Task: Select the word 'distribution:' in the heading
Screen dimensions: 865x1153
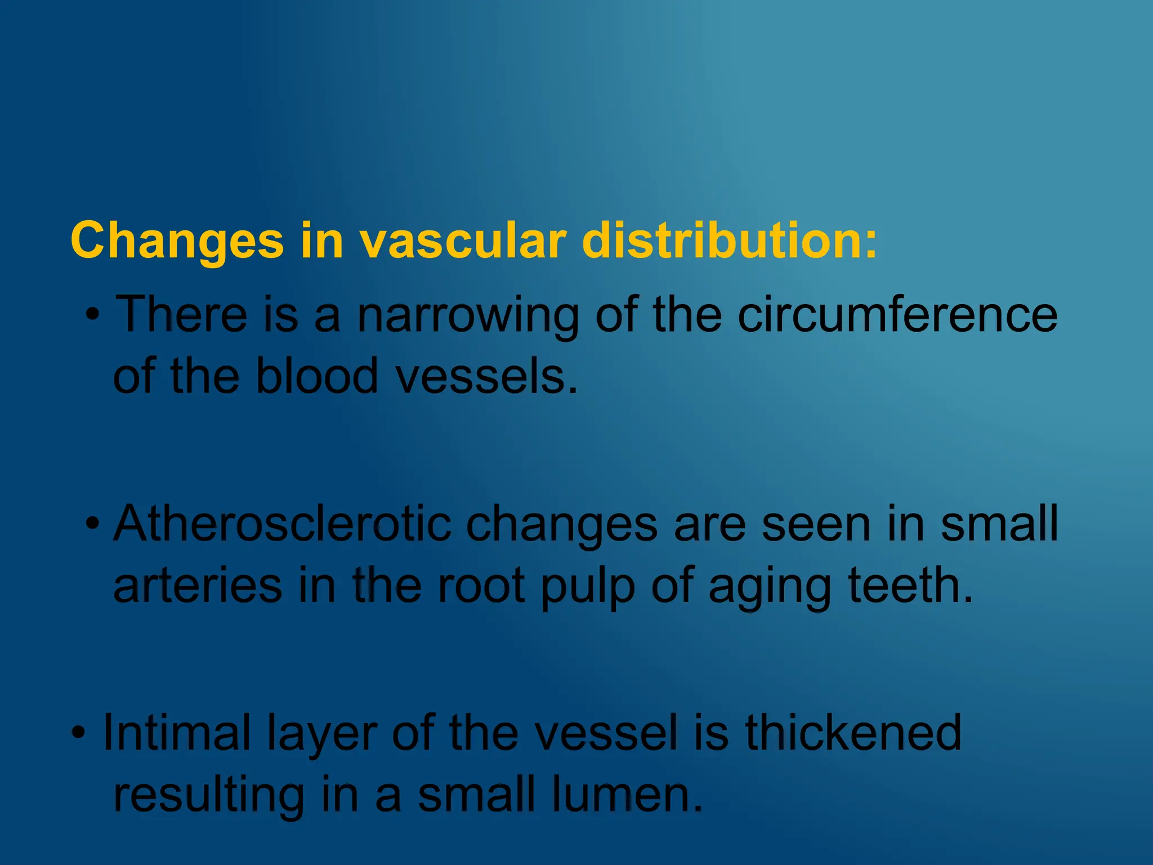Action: [730, 241]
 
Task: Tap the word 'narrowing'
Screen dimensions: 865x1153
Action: [468, 315]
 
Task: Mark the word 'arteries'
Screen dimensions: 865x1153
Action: [198, 586]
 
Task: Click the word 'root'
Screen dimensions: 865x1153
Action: [481, 586]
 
